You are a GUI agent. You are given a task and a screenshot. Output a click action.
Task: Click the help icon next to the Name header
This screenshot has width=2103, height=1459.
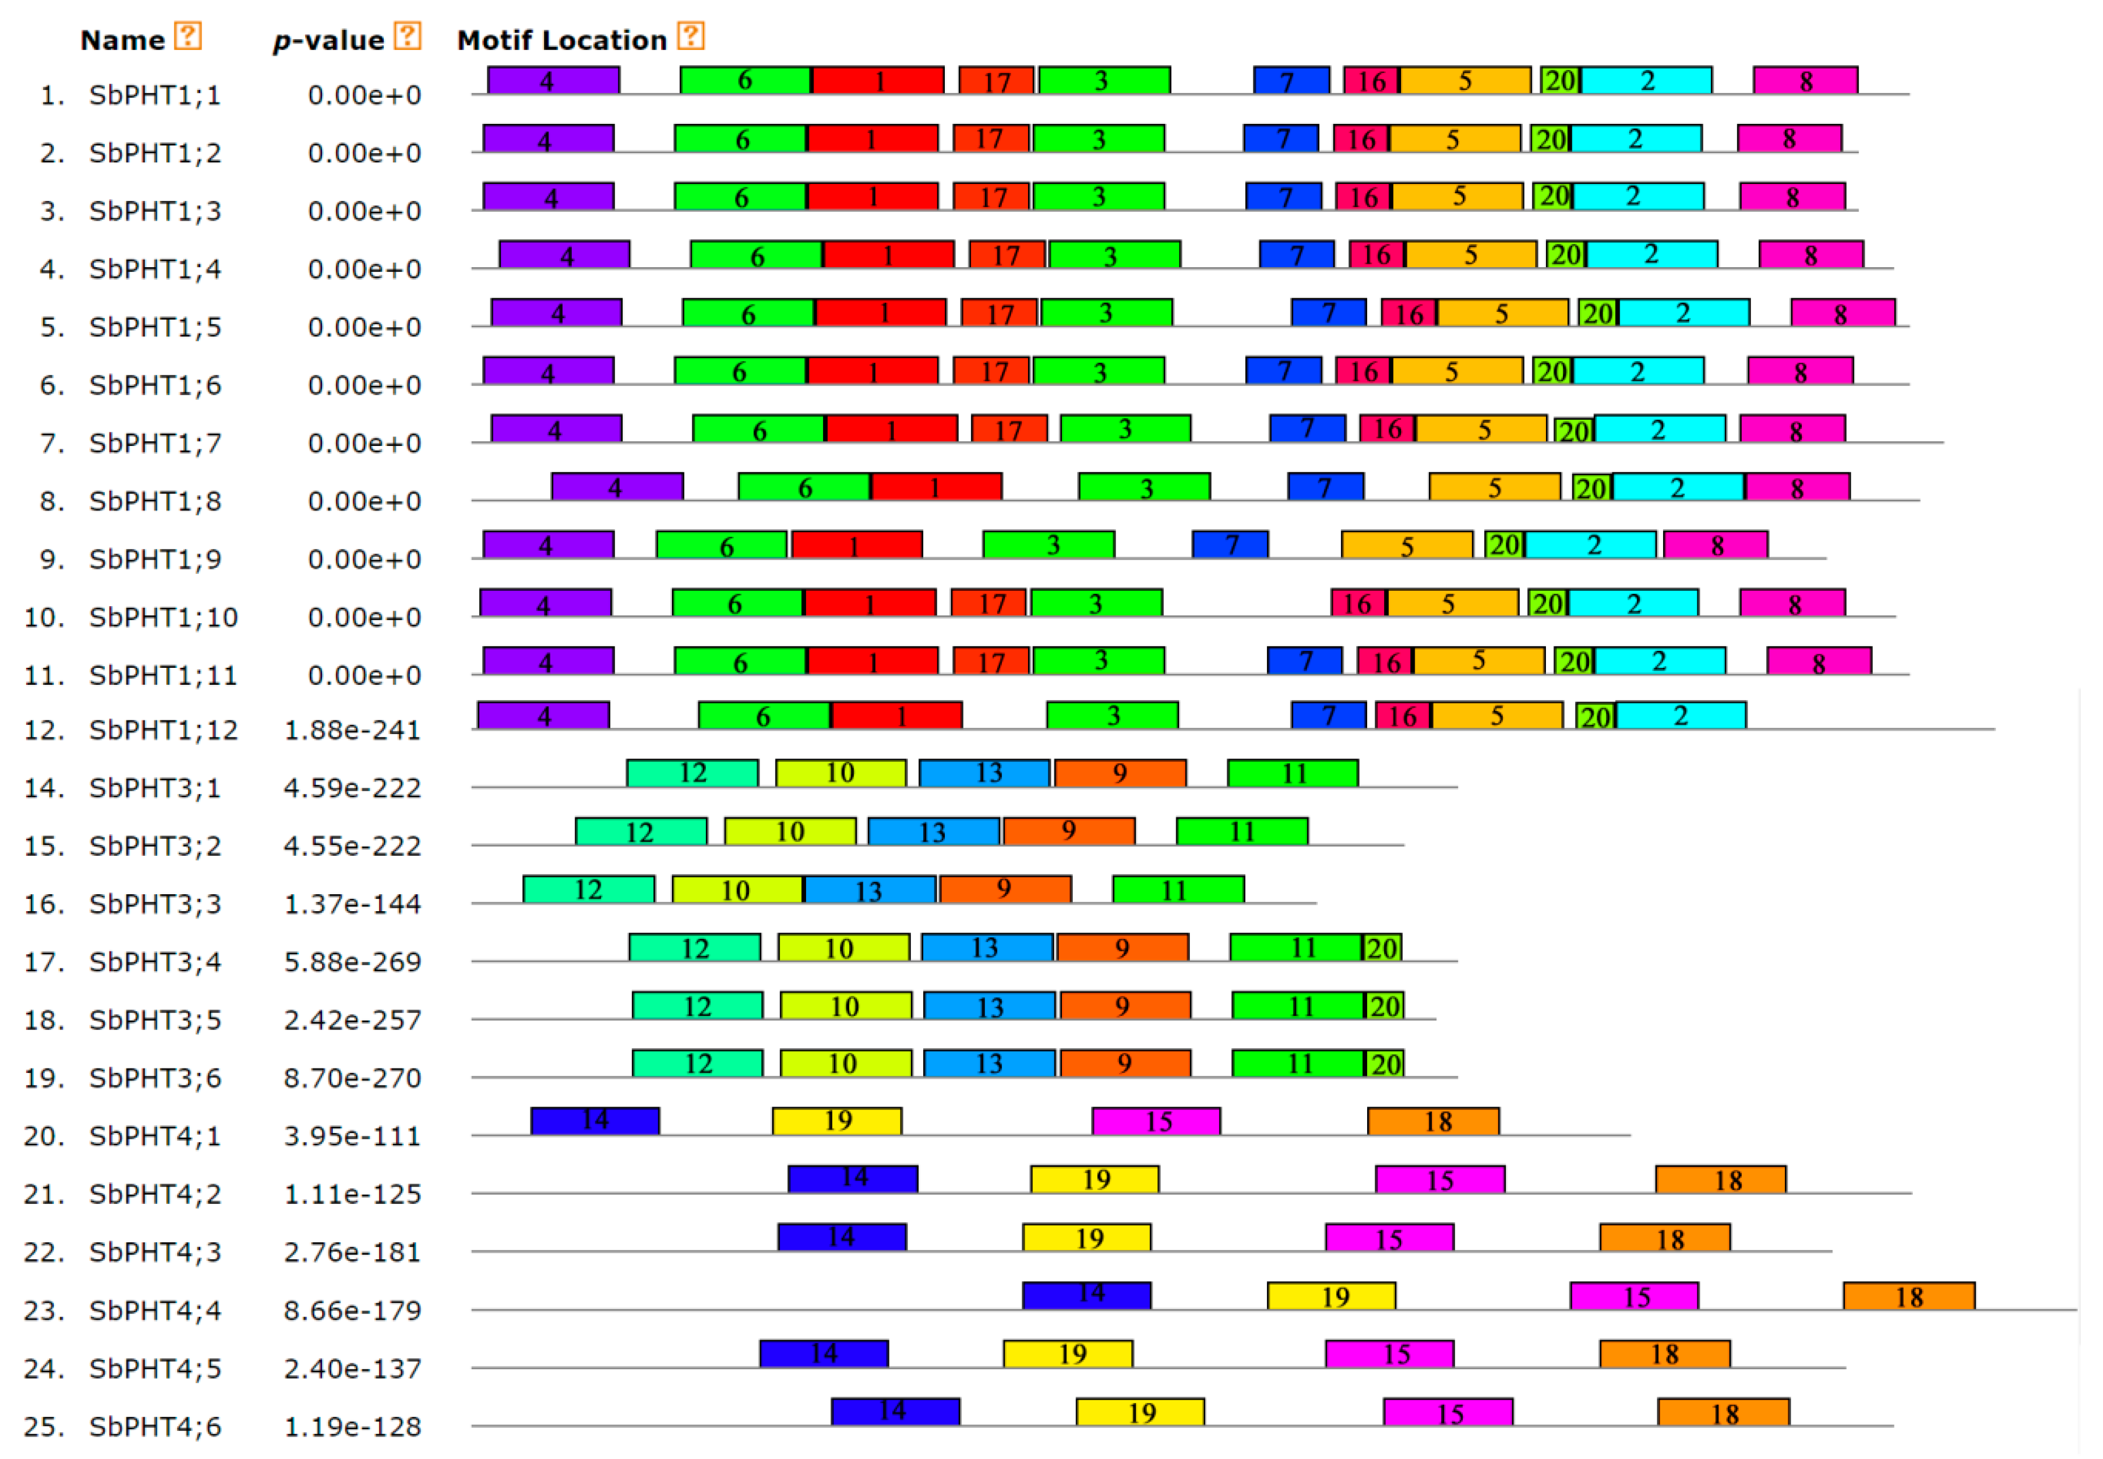coord(187,37)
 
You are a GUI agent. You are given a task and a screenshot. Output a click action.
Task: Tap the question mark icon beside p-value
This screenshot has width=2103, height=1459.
coord(407,37)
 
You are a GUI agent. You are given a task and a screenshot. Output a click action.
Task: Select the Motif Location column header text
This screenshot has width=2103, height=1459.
coord(562,40)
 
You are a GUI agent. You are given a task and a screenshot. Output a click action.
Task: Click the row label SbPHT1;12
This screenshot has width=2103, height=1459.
coord(163,731)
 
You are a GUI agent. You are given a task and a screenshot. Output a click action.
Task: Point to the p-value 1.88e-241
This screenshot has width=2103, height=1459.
coord(352,731)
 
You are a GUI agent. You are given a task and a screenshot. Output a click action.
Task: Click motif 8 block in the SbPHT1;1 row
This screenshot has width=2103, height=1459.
coord(1804,80)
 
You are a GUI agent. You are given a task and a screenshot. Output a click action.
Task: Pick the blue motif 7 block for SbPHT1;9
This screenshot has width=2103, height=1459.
coord(1229,545)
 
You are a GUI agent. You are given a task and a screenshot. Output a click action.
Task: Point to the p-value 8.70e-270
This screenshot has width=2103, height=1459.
coord(352,1079)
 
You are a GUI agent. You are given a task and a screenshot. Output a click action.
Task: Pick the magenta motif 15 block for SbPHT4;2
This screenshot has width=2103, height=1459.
coord(1439,1180)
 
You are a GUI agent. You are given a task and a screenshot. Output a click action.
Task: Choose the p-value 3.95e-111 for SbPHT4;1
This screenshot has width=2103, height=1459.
coord(352,1136)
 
